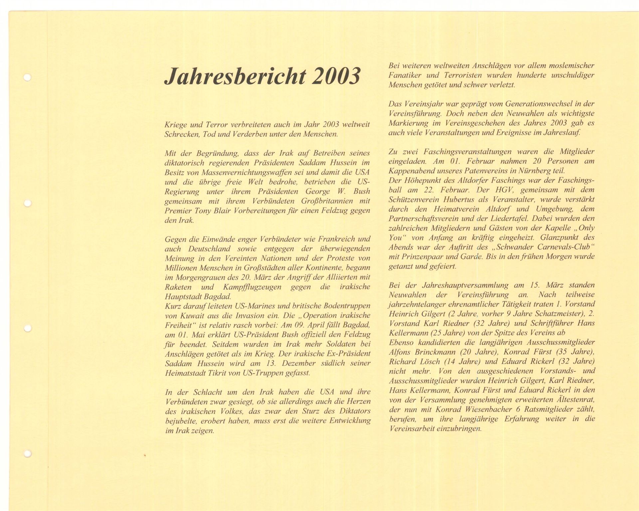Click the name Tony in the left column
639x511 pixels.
[x=201, y=211]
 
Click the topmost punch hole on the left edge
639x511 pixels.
[x=28, y=78]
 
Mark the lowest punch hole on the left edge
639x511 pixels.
[x=28, y=453]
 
